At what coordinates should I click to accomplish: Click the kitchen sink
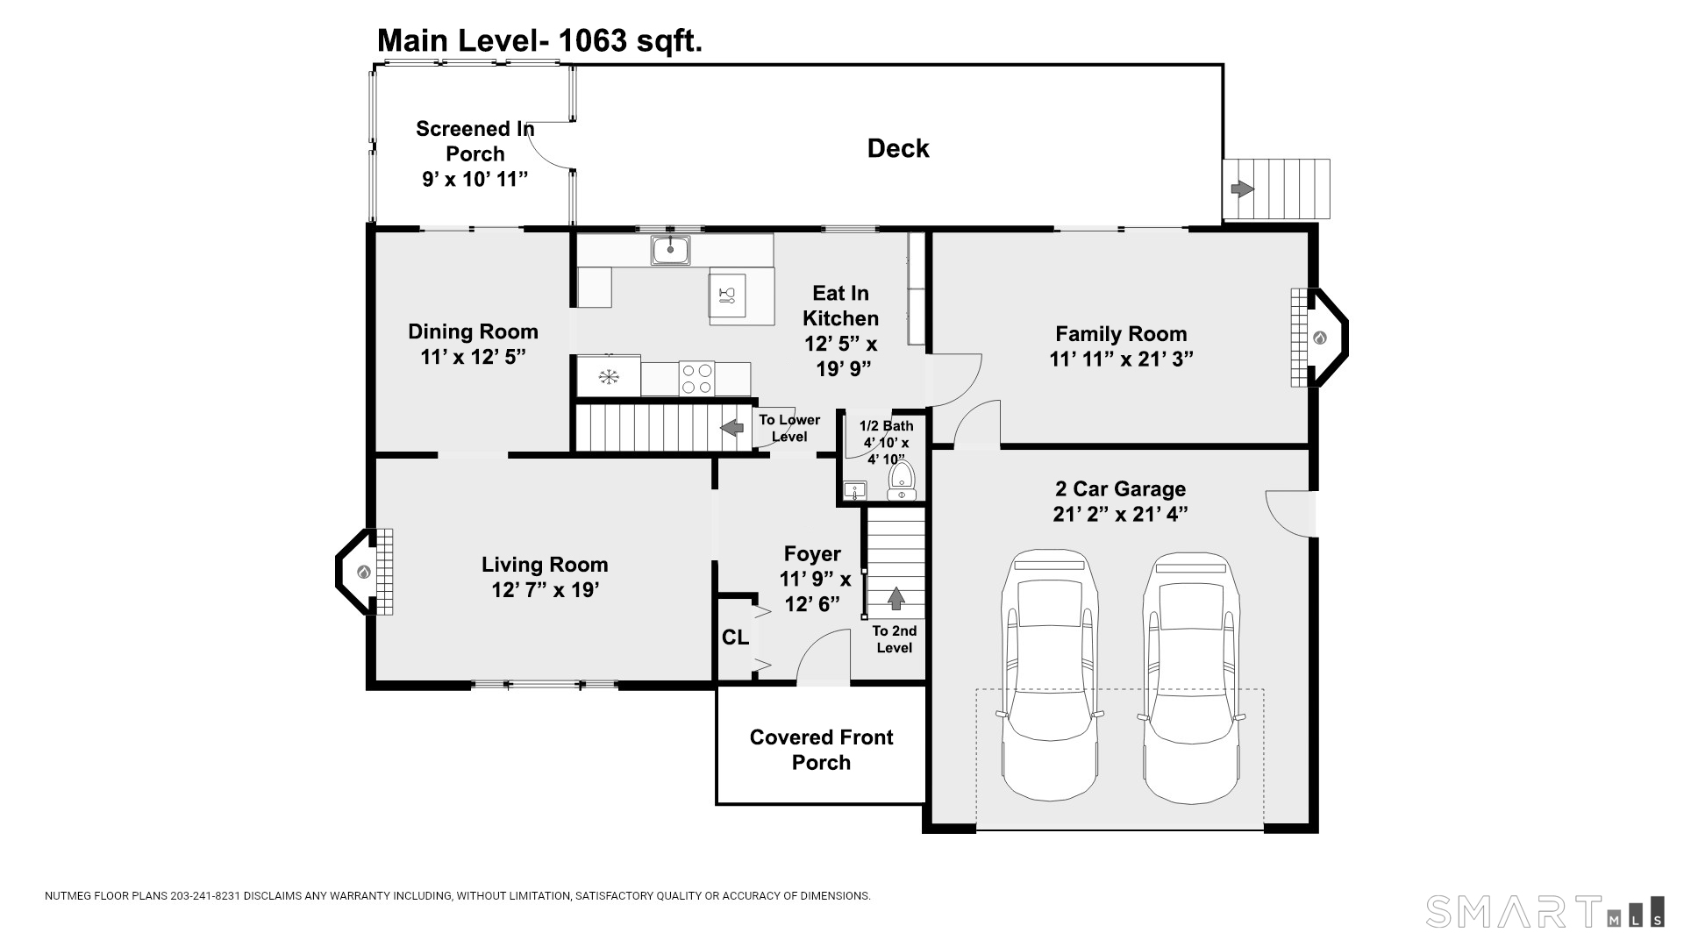[x=670, y=250]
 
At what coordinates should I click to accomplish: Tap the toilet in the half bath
[x=902, y=481]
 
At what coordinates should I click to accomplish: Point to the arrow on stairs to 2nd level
[x=896, y=598]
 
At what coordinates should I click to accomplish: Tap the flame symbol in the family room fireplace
[x=1319, y=338]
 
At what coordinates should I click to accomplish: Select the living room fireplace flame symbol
[x=363, y=573]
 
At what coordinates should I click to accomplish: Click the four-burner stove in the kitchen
[x=696, y=379]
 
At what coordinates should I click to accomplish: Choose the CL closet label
[x=735, y=637]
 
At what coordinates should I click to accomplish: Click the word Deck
[x=898, y=148]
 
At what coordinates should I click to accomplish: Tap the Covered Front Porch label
[x=821, y=750]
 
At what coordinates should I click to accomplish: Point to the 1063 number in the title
[x=592, y=40]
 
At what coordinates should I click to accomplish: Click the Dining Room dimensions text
[x=473, y=357]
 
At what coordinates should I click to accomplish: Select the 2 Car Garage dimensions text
[x=1121, y=514]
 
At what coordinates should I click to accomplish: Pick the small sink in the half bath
[x=854, y=490]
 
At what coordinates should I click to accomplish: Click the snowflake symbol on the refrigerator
[x=608, y=377]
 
